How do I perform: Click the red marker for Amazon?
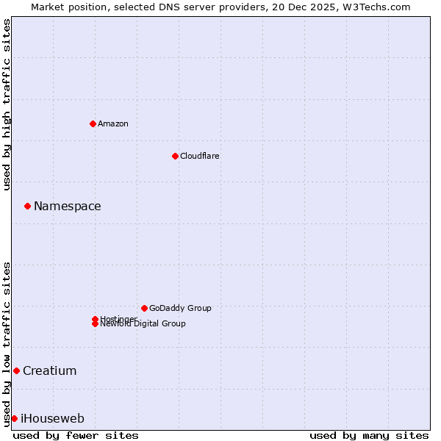click(93, 123)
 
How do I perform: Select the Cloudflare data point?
click(175, 156)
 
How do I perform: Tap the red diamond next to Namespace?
click(27, 206)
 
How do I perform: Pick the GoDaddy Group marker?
click(144, 308)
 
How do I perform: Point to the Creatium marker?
click(16, 370)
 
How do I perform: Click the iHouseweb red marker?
click(14, 418)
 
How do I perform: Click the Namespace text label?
click(67, 207)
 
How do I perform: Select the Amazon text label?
click(112, 123)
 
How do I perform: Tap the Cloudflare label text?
click(199, 156)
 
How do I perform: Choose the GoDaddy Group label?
click(179, 308)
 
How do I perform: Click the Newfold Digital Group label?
click(143, 324)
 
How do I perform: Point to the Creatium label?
click(49, 371)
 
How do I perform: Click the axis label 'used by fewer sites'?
click(76, 435)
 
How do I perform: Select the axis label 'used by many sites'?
click(369, 435)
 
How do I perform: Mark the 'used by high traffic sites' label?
click(7, 104)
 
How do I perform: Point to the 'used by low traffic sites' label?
click(7, 343)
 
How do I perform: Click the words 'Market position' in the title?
click(65, 7)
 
